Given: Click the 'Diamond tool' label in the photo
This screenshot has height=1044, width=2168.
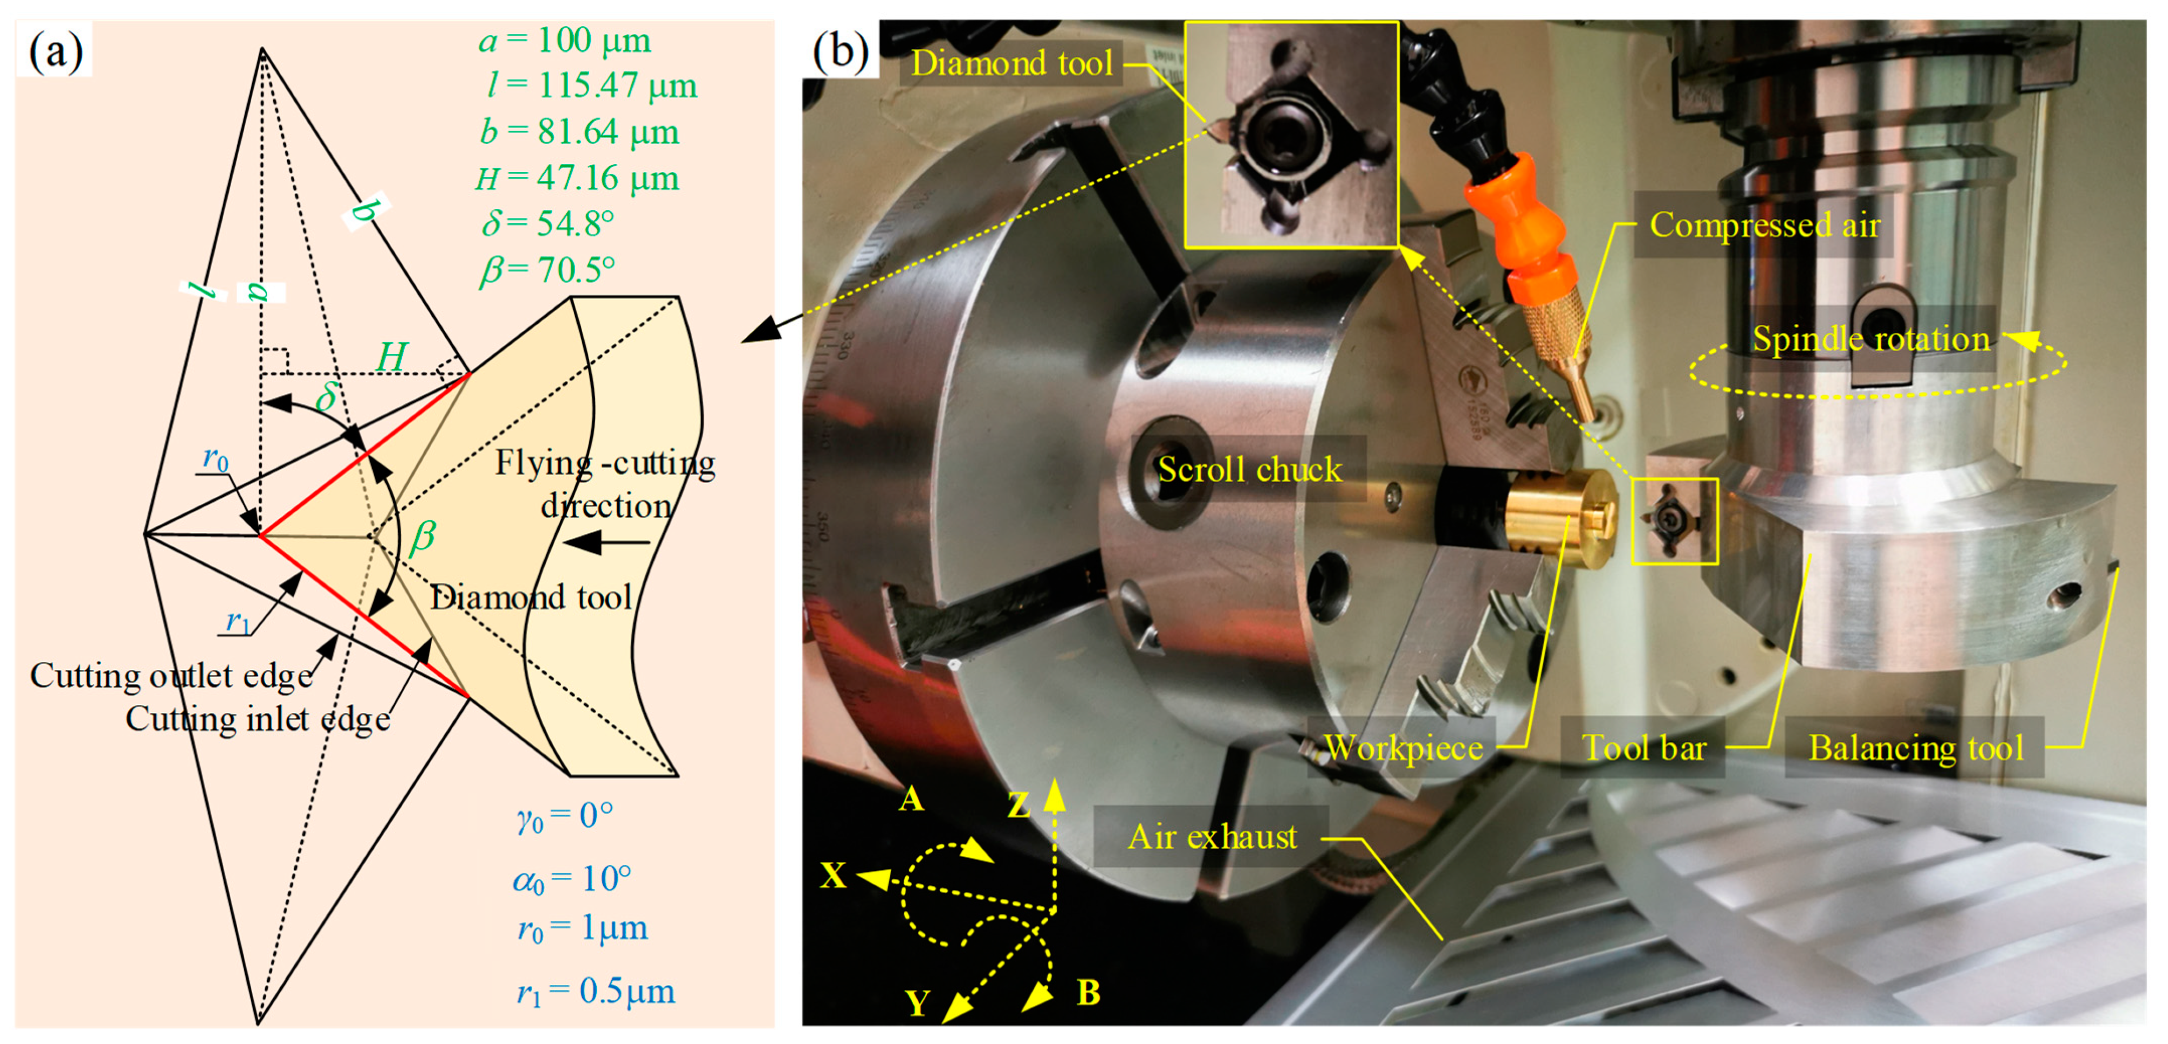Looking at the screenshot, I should click(1011, 63).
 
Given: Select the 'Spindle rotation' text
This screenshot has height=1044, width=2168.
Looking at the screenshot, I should click(1870, 339).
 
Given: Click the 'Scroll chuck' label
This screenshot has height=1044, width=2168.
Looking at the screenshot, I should click(1249, 469).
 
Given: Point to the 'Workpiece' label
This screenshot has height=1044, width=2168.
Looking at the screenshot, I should click(1403, 748).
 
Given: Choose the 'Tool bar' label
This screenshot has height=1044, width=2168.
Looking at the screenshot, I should click(1644, 748).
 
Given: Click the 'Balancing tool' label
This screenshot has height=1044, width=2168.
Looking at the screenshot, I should click(1915, 748).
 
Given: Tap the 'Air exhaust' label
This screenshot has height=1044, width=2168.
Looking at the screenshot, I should click(1212, 836).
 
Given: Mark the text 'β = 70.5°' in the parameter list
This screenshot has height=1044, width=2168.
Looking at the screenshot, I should click(547, 270).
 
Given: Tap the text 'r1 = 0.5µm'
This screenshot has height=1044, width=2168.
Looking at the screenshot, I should click(596, 992).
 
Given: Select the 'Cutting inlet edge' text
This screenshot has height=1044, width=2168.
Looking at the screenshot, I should click(257, 719).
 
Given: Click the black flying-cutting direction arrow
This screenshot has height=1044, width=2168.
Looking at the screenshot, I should click(606, 543).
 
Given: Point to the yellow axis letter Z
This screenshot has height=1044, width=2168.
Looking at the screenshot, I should click(1019, 805).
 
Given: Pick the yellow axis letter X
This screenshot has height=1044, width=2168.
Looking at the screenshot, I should click(833, 876).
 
